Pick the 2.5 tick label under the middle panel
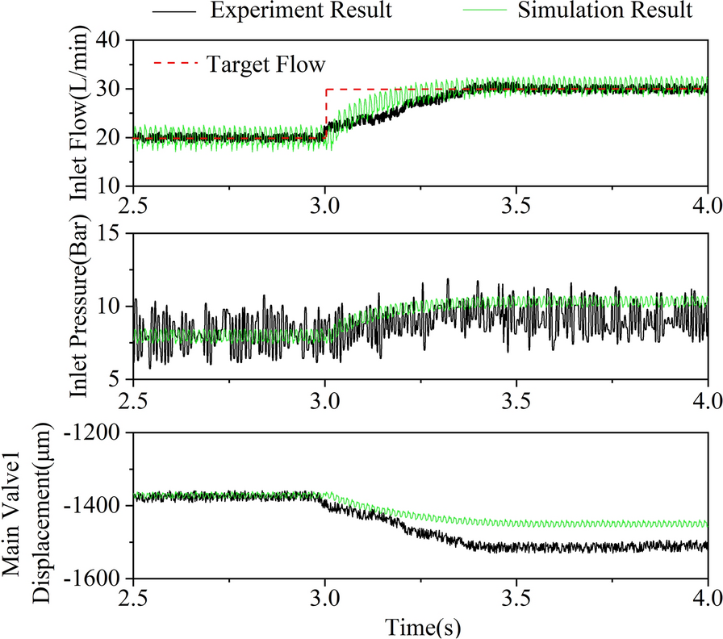(x=135, y=399)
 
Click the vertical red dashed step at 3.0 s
(x=325, y=113)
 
